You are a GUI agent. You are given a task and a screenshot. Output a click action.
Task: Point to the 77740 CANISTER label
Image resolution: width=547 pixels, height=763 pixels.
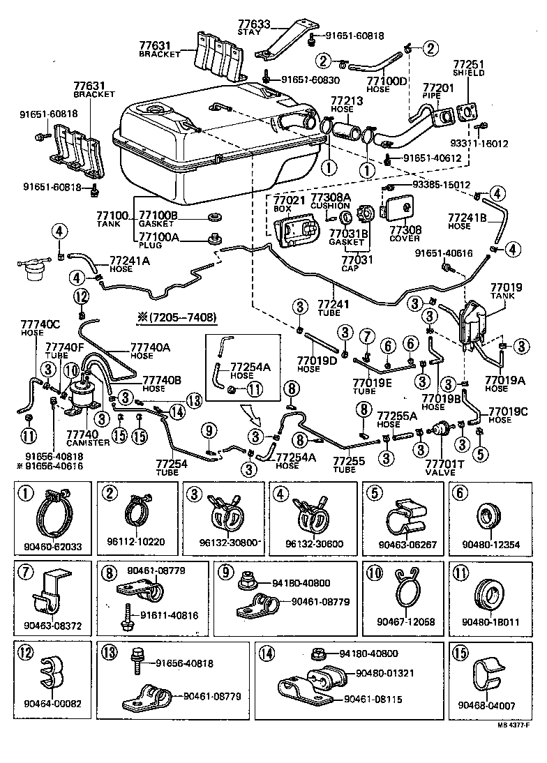coord(82,438)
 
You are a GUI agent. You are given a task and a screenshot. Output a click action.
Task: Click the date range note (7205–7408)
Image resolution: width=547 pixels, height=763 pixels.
coord(172,318)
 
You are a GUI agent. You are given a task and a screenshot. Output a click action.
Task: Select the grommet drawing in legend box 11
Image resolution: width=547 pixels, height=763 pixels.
coord(488,597)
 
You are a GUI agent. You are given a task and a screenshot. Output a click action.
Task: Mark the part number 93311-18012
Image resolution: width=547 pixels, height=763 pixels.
coord(498,144)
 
